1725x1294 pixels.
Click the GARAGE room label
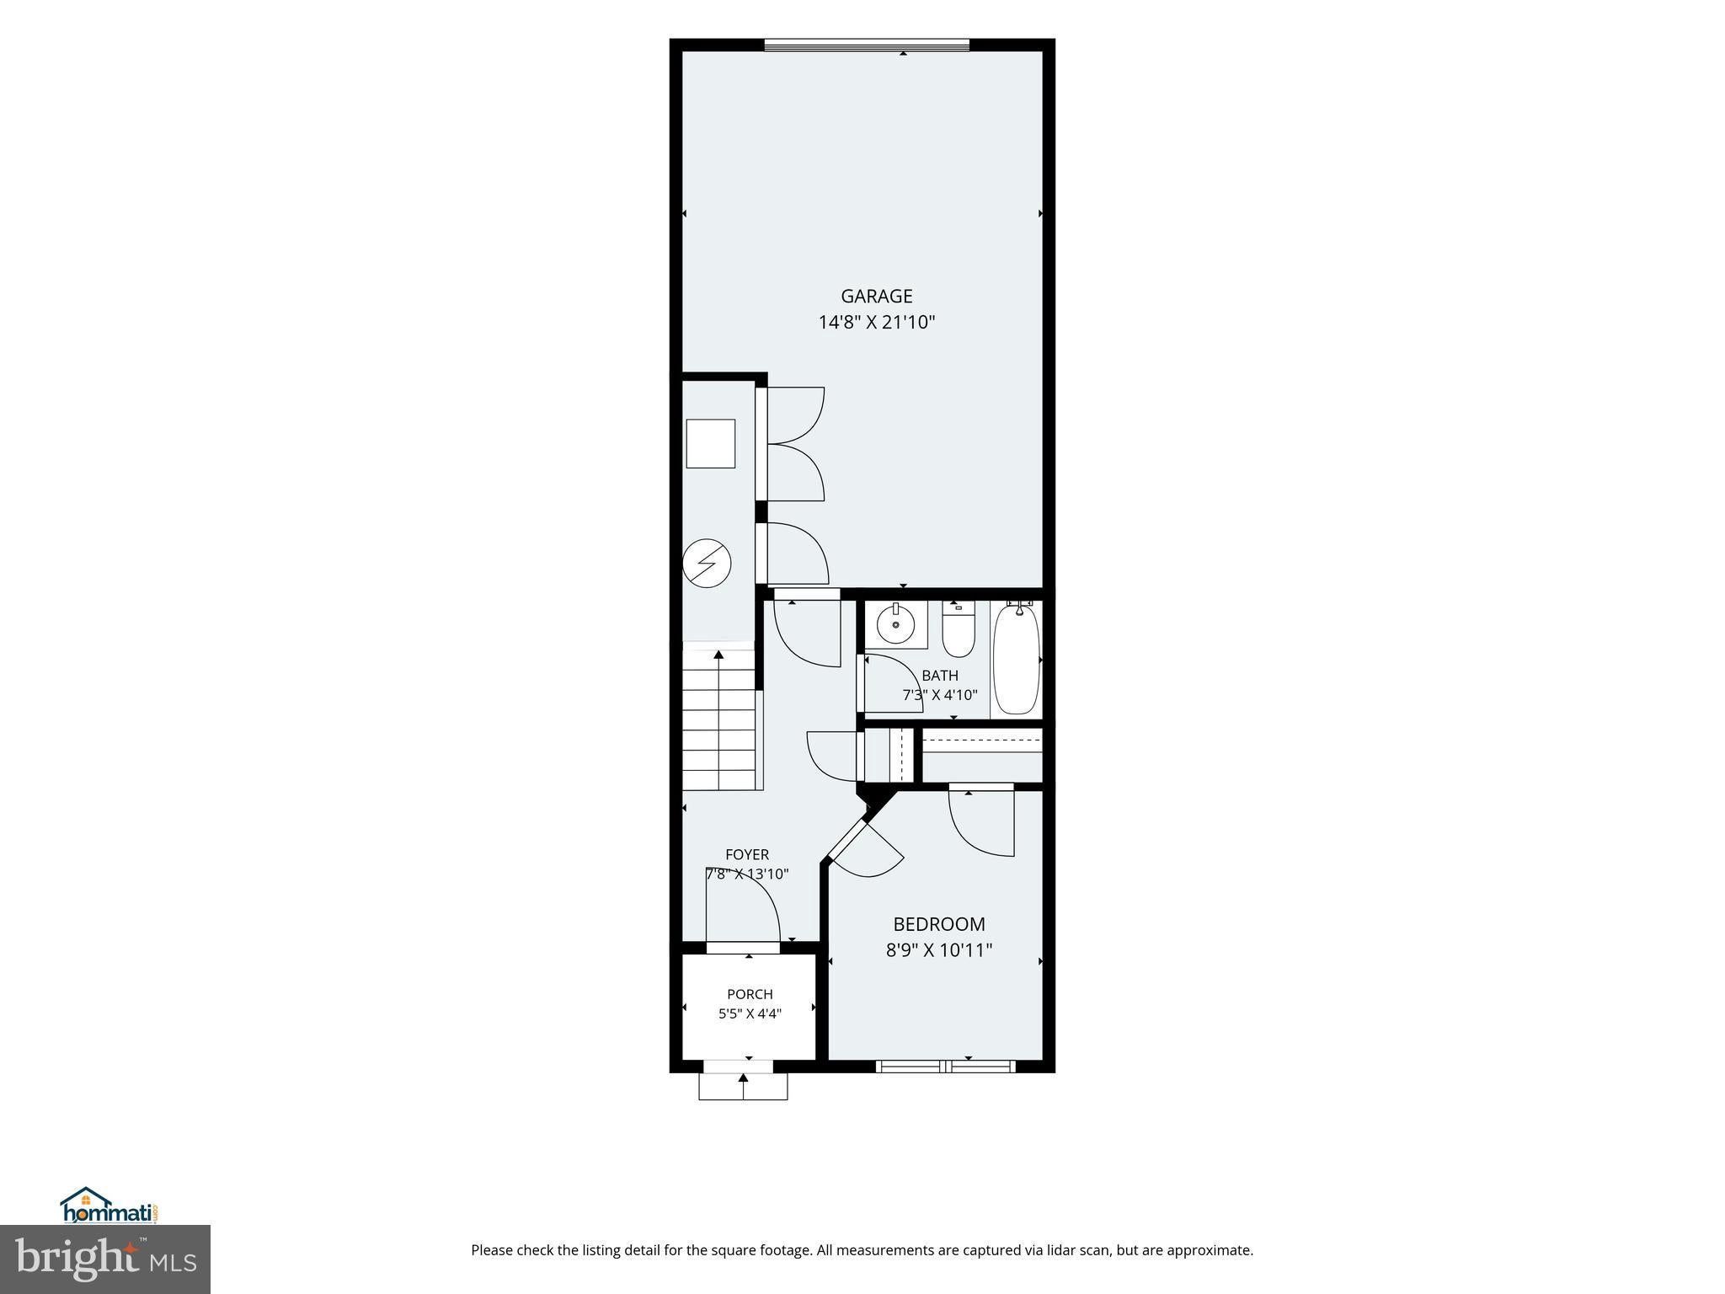click(x=876, y=296)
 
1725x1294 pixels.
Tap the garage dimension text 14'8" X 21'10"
click(x=877, y=322)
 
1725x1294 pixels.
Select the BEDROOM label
click(x=939, y=924)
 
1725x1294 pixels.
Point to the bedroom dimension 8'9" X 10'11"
click(x=939, y=950)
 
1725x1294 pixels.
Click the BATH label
click(x=940, y=676)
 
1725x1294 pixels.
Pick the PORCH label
click(x=750, y=994)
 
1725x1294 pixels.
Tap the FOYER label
click(x=747, y=854)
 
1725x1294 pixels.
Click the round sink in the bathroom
click(x=895, y=624)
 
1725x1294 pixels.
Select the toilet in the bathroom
click(x=958, y=632)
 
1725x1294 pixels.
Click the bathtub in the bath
click(x=1017, y=658)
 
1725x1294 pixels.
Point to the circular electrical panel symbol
click(x=706, y=562)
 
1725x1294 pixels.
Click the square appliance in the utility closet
click(x=711, y=443)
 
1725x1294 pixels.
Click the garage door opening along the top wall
click(x=867, y=45)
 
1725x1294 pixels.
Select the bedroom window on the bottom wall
click(x=946, y=1067)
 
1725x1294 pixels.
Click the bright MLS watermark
click(x=105, y=1259)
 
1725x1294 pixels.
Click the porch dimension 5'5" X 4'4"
click(x=750, y=1014)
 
